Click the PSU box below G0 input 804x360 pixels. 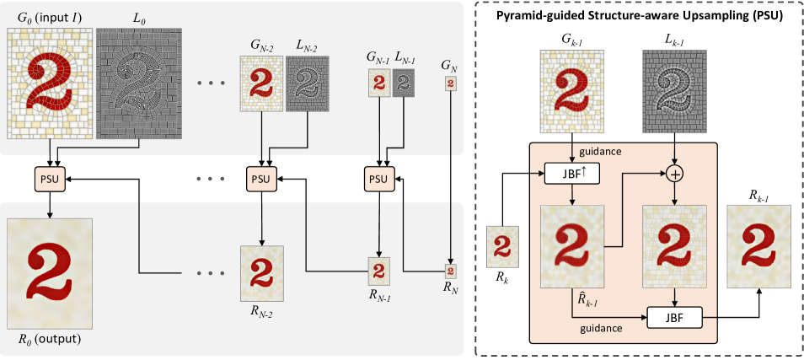50,180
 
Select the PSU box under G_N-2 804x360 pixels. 262,180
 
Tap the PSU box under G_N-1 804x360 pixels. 379,180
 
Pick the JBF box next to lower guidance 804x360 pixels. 674,318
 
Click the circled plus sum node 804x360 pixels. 675,175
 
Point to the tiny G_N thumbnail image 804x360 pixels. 450,83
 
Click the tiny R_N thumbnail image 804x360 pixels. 450,270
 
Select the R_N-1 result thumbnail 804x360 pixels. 379,271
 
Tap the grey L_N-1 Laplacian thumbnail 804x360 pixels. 404,83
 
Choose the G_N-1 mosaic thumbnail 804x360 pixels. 379,83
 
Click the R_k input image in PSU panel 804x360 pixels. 503,247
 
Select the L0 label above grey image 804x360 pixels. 139,20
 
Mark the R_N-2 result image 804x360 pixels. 261,273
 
